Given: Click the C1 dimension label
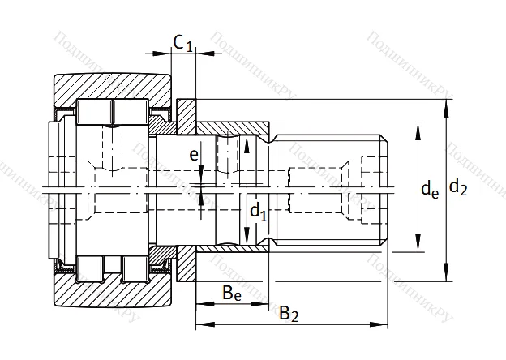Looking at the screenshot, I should point(182,42).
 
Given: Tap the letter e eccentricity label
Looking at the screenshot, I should point(193,153).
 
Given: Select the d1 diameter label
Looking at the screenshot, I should point(257,213).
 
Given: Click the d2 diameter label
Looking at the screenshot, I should point(458,189).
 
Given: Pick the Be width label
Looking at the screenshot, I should point(231,293).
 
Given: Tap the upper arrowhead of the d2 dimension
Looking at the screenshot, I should point(446,102).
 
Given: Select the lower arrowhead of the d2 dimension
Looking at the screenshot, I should point(446,276).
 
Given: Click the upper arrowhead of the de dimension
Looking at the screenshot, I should point(417,126).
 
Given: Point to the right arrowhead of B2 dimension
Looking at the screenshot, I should point(384,324).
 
